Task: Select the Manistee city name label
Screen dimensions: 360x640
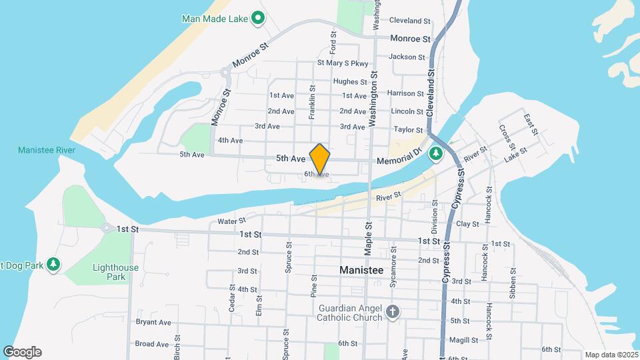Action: [x=361, y=271]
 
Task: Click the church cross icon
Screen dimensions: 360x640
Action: [x=393, y=311]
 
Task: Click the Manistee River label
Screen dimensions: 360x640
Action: [x=47, y=150]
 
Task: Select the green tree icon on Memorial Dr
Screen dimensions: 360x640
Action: [x=436, y=155]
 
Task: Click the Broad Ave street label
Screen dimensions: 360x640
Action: [x=151, y=344]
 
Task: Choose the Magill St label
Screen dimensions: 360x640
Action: [x=464, y=340]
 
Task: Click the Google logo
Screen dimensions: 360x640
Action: [x=22, y=352]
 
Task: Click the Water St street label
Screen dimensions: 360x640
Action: [x=232, y=221]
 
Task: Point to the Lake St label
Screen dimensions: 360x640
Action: [x=515, y=157]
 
